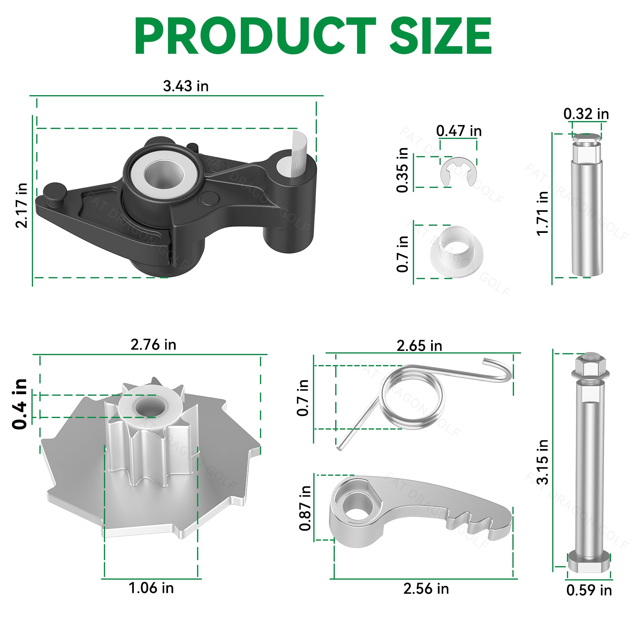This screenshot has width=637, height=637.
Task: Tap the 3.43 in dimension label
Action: point(186,86)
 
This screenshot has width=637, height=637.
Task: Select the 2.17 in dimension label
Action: point(21,205)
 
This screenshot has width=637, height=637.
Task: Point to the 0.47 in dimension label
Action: point(459,131)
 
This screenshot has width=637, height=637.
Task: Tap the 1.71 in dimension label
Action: point(542,213)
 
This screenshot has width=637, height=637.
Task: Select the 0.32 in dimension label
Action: point(586,114)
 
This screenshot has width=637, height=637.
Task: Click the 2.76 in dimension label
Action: point(153,344)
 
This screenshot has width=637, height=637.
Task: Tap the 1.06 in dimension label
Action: point(151,588)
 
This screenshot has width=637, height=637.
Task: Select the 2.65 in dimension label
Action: point(419,346)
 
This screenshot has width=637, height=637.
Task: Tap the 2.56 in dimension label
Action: point(426,588)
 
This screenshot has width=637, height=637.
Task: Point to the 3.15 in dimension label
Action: point(542,462)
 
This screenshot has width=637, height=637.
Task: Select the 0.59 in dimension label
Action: point(589,590)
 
